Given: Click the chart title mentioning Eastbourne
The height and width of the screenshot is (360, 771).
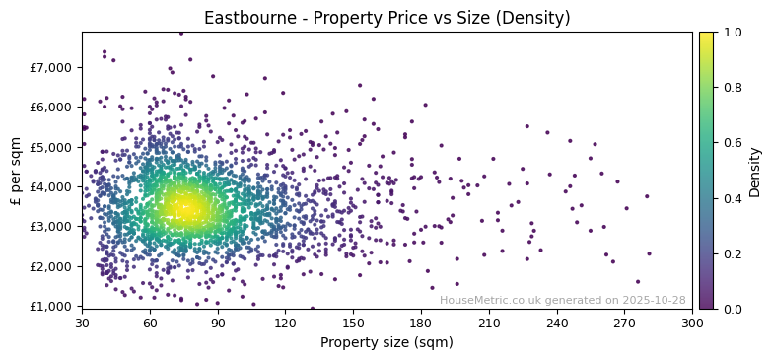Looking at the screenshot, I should point(386,18).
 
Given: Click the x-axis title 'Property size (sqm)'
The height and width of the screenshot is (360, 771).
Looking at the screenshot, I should point(386,343).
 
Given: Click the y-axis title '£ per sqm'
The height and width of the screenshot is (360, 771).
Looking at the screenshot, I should point(16,170).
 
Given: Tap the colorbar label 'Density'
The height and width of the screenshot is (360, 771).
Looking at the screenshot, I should point(754,172).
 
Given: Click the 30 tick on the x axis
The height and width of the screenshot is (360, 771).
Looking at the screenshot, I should point(82,323).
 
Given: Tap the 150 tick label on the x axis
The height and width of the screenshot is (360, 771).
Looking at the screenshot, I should point(353,323).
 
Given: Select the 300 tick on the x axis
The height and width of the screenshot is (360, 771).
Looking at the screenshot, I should point(692,323).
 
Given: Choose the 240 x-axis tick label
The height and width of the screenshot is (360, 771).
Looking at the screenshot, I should point(557,323).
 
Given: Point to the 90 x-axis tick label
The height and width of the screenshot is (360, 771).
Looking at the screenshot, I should point(218,323).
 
